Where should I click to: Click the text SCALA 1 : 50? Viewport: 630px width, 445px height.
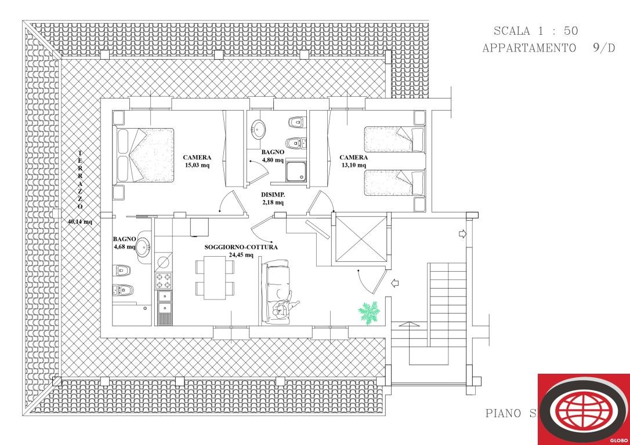click(535, 31)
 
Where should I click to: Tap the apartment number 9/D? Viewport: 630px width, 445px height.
click(604, 48)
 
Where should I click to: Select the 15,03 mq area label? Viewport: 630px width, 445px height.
click(197, 165)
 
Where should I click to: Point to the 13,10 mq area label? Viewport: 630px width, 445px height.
click(353, 165)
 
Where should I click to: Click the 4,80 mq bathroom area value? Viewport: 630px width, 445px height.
click(271, 161)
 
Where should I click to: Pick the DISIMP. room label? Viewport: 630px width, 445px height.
click(271, 195)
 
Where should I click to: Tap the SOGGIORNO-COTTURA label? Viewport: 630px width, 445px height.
click(241, 247)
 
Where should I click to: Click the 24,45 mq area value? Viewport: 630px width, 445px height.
click(241, 255)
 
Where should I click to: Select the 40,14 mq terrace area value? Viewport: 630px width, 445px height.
click(80, 221)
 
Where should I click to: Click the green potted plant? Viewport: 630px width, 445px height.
click(369, 313)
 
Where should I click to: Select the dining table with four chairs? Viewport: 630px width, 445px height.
click(215, 278)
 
